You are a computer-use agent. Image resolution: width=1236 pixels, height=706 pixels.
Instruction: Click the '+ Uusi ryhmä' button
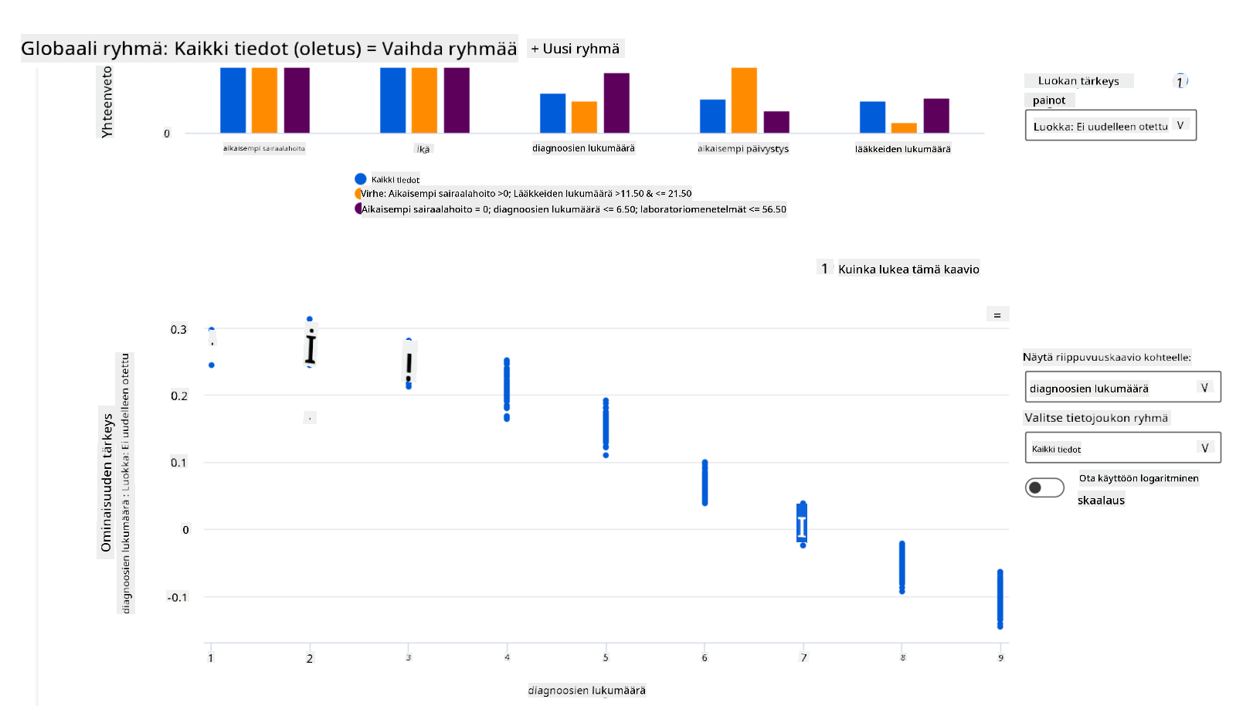click(576, 49)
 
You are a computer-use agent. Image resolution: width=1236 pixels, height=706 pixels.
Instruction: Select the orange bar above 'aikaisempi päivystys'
click(744, 100)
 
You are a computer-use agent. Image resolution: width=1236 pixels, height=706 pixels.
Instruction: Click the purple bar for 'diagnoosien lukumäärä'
click(616, 103)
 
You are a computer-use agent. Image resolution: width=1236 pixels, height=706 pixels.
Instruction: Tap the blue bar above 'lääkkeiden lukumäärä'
click(872, 117)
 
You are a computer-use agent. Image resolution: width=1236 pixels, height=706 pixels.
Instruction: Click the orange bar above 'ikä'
click(424, 100)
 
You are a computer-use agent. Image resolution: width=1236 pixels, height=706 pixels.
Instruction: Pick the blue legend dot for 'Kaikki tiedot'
click(360, 179)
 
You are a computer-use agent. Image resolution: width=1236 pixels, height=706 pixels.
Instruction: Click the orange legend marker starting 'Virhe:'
click(358, 194)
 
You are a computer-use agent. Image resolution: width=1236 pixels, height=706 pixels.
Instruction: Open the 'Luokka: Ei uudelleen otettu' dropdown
click(1110, 126)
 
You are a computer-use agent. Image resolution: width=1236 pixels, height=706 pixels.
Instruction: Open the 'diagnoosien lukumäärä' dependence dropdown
click(1122, 388)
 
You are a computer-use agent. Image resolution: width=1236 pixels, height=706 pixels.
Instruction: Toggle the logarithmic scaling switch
click(1044, 487)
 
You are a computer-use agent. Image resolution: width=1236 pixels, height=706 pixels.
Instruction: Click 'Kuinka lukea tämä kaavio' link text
click(908, 269)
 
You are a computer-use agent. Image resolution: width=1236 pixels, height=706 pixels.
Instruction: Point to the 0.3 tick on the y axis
click(178, 330)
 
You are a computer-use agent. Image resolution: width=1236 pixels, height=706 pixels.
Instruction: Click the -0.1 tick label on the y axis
click(177, 597)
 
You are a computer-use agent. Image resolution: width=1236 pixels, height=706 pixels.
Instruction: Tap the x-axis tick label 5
click(606, 658)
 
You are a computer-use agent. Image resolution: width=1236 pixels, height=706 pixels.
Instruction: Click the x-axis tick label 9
click(1000, 658)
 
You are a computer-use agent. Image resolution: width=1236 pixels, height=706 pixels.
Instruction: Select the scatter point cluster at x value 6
click(705, 483)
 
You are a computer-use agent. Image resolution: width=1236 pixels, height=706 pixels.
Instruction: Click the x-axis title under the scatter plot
click(586, 691)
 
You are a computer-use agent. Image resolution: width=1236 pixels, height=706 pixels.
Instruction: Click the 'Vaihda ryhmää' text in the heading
click(449, 49)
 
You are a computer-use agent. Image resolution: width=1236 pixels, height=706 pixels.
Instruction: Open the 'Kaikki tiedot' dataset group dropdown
click(1122, 448)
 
